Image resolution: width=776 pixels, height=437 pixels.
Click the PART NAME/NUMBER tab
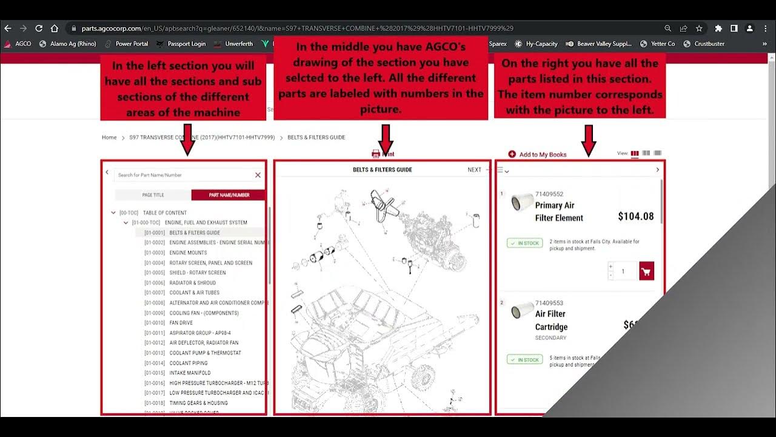229,195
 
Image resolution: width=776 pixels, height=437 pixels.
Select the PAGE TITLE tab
153,195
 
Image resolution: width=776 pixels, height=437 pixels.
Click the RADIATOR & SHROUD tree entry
192,283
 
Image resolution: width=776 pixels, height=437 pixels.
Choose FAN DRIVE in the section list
181,323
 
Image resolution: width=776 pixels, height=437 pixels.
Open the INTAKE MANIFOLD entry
190,373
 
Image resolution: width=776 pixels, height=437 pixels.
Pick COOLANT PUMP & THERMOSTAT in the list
205,353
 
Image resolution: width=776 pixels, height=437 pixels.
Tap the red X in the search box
258,175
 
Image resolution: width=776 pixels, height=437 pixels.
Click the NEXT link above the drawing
474,170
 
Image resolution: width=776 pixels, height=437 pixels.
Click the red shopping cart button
646,271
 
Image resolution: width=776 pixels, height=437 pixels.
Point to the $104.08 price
635,216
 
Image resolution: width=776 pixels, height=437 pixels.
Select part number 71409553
549,303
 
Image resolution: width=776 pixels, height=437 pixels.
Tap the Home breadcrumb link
109,138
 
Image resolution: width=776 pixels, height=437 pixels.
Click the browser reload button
39,28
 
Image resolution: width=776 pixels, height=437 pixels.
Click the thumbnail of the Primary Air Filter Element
521,203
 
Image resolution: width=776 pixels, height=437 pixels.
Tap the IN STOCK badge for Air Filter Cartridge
524,360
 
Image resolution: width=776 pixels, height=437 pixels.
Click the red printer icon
376,154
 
